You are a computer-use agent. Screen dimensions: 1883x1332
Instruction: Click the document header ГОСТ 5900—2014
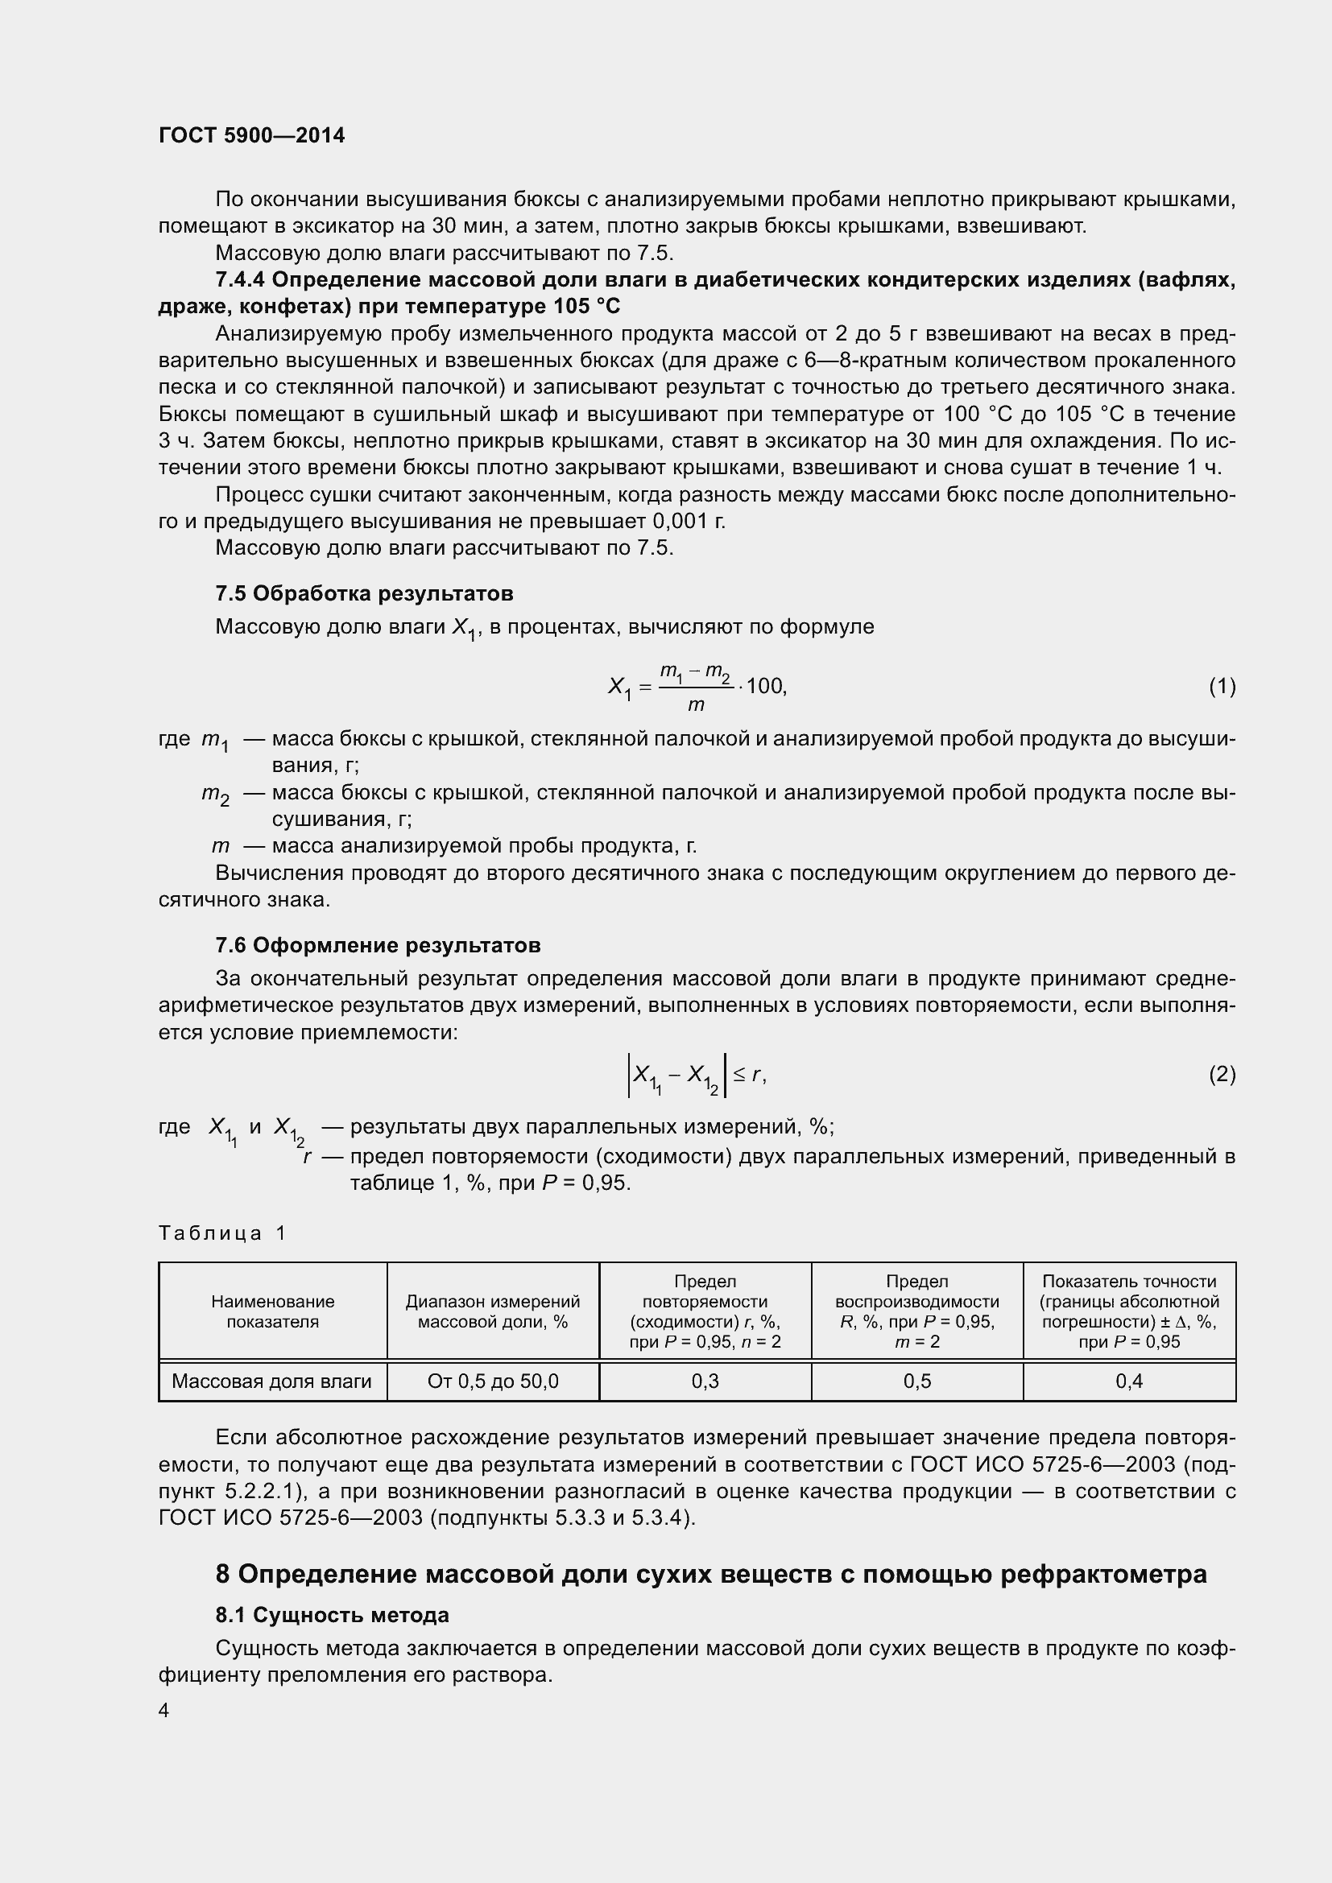(252, 135)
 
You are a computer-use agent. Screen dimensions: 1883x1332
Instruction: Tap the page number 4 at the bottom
(164, 1710)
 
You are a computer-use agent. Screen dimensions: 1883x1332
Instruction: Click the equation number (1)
(1222, 686)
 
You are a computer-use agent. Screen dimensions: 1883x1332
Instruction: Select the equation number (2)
(1222, 1075)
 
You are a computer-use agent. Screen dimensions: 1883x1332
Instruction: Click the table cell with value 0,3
(705, 1381)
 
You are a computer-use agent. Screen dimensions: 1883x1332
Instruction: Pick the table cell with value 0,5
(916, 1381)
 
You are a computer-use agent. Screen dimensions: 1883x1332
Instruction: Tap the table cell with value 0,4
(1128, 1381)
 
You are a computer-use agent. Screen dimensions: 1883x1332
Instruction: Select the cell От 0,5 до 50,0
(493, 1381)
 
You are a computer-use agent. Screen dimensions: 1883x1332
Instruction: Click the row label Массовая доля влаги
(271, 1381)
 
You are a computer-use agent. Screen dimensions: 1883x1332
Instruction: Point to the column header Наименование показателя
(272, 1311)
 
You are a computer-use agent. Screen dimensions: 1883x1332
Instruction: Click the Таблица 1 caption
(222, 1233)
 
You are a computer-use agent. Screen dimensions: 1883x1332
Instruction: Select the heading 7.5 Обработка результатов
(364, 593)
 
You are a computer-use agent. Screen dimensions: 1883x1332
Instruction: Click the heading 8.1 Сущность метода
(332, 1615)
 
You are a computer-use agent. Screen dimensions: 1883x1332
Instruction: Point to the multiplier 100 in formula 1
(764, 686)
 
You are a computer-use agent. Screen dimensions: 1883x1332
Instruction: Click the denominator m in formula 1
(696, 704)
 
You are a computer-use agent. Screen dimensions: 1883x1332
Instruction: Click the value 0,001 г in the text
(688, 522)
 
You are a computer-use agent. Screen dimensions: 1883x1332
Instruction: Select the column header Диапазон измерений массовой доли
(493, 1311)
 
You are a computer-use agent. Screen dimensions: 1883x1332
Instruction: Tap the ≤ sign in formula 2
(739, 1075)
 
